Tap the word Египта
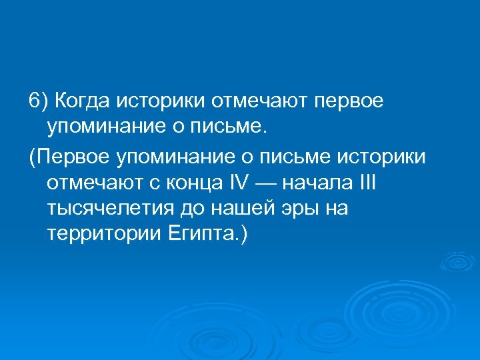pyautogui.click(x=199, y=236)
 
